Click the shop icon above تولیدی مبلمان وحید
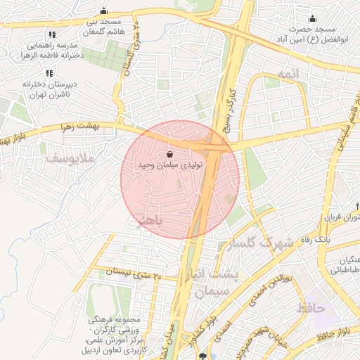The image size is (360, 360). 170,154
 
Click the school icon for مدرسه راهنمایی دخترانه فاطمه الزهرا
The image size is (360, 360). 51,35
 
